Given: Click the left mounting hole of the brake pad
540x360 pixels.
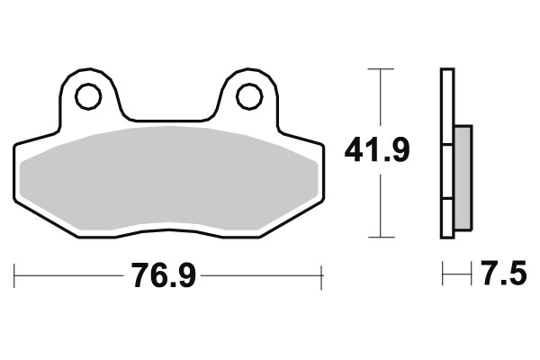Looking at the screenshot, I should point(87,95).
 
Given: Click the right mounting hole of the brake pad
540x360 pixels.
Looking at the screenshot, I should point(249,95).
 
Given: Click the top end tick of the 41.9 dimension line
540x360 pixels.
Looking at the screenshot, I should point(382,68).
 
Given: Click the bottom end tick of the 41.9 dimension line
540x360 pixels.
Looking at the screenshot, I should point(382,238).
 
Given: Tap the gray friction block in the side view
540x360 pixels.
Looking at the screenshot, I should point(463,175).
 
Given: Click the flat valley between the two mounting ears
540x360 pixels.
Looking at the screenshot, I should point(168,119).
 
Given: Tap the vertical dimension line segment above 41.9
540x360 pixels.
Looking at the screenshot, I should point(382,99).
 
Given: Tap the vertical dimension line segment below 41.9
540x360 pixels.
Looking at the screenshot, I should point(382,202).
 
